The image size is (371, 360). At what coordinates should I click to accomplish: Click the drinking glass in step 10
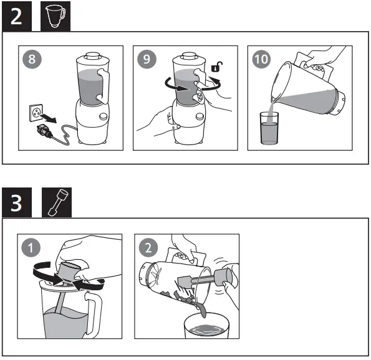[x=269, y=128]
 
